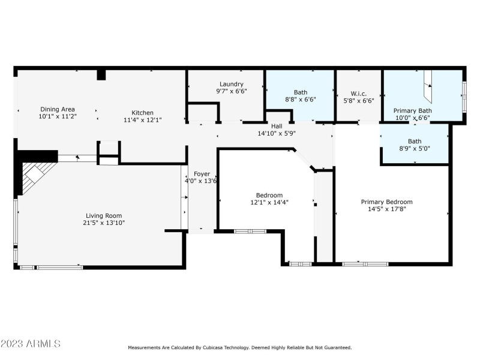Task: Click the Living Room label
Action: [x=104, y=215]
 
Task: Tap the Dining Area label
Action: [x=57, y=110]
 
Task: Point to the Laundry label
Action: [x=231, y=84]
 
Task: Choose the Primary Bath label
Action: [x=412, y=110]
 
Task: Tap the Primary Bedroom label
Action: [x=386, y=202]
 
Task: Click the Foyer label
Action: [x=202, y=173]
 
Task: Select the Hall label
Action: [x=277, y=125]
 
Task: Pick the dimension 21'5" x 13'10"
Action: [x=104, y=223]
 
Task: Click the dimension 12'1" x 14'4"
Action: [x=269, y=202]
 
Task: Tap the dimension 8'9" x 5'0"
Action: [x=415, y=148]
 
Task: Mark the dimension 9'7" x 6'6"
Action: [x=231, y=91]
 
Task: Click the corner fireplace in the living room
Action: [x=34, y=175]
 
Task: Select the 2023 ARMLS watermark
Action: [x=31, y=344]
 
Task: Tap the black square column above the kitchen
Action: [x=101, y=74]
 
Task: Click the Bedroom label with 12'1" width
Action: [x=269, y=195]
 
